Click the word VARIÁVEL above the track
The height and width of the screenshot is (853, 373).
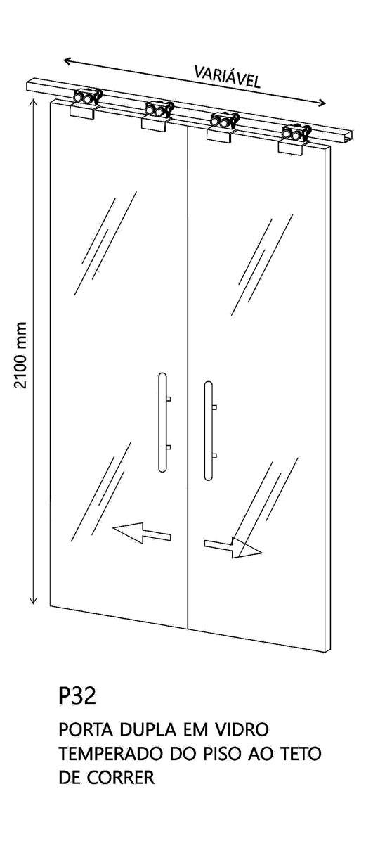228,77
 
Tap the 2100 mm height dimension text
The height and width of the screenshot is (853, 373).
20,355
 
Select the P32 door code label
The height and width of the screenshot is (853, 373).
77,695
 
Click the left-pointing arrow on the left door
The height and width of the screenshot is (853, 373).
142,532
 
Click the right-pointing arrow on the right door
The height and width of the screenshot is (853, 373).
233,547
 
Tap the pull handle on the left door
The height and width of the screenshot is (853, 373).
163,422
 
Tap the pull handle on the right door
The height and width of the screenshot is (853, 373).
209,430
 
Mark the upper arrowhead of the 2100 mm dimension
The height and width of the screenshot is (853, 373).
34,102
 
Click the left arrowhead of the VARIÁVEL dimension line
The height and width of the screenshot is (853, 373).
67,60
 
